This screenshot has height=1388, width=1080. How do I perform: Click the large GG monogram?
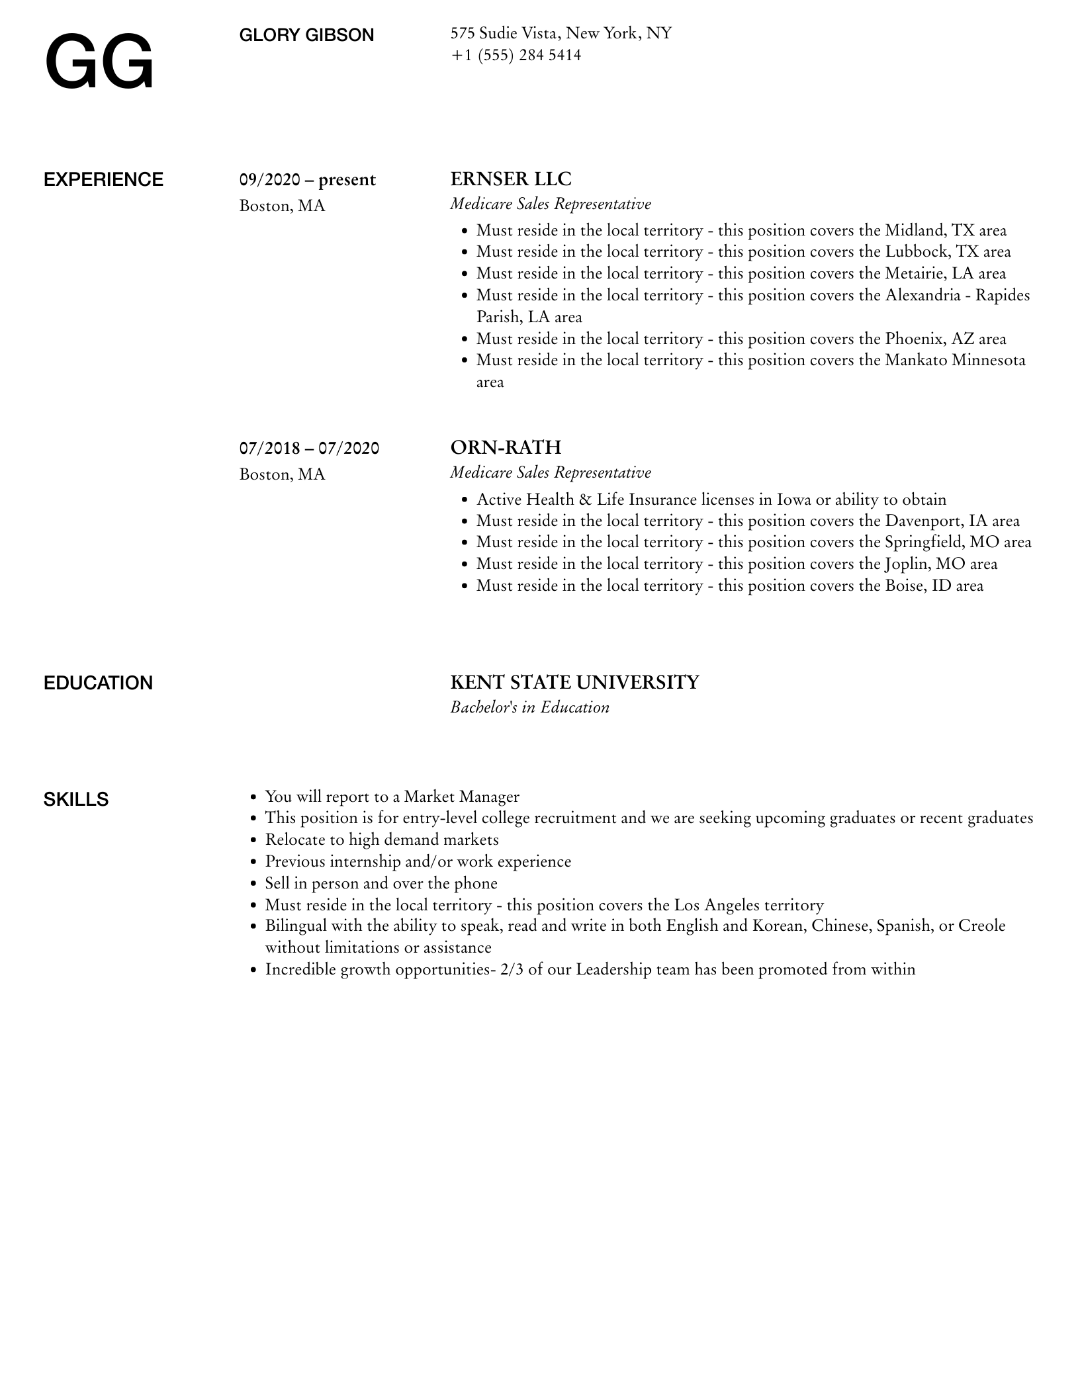pos(99,64)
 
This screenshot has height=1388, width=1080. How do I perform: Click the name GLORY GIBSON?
pos(306,35)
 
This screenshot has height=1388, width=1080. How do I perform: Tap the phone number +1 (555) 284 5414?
pos(516,55)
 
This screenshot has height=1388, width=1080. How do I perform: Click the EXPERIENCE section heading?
pos(103,180)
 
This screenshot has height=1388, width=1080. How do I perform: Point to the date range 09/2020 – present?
pos(307,180)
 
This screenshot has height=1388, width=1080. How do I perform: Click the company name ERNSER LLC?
pos(510,179)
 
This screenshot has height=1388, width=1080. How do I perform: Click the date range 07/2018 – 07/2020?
pos(309,449)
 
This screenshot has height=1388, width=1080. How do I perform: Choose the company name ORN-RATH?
pos(506,448)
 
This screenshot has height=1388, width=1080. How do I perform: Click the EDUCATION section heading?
pos(98,683)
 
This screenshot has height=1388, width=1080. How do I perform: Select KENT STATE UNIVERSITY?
pos(574,683)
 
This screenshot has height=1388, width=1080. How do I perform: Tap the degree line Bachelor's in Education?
pos(529,708)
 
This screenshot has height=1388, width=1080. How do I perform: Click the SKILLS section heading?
pos(76,800)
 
